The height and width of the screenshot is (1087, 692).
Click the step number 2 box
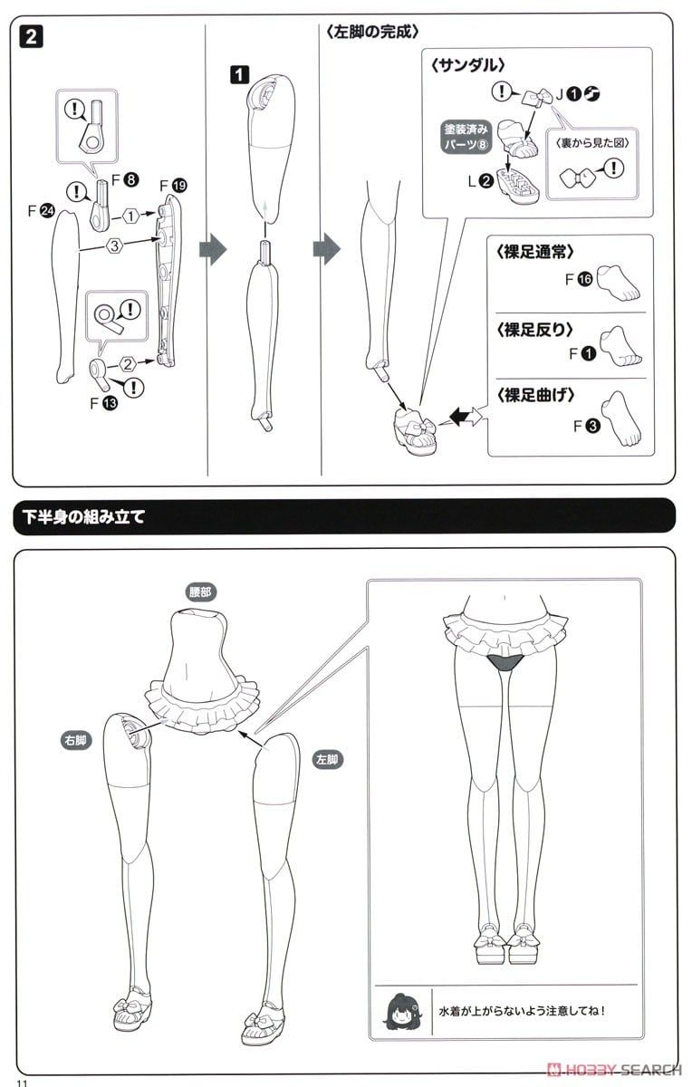[32, 37]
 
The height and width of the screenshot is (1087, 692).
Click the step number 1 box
[239, 74]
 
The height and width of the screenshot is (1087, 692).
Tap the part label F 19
[173, 186]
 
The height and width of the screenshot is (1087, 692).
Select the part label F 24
[42, 210]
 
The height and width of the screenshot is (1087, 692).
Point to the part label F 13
[104, 403]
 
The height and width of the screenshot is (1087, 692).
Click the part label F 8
[125, 180]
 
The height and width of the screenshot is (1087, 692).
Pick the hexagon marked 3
[114, 246]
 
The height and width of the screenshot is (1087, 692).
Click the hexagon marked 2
[127, 364]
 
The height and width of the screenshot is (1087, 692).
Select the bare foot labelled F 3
[621, 418]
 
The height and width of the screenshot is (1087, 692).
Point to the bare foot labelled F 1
[620, 345]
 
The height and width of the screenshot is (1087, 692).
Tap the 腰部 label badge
[200, 592]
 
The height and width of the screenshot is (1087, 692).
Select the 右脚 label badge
[76, 740]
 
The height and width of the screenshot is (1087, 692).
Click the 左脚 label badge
[328, 759]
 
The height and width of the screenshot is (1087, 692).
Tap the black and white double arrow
[466, 417]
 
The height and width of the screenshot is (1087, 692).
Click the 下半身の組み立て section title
[83, 517]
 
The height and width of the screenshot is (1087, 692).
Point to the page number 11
[23, 1082]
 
